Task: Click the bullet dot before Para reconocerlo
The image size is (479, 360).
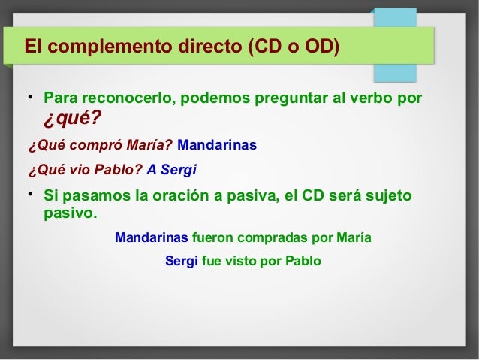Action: click(29, 98)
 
